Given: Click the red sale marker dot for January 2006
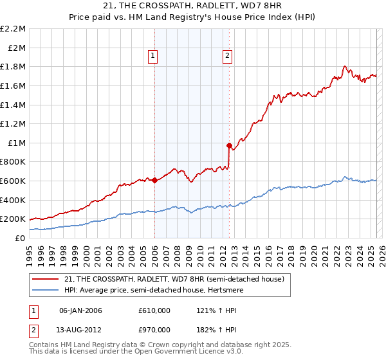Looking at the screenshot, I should click(x=154, y=180).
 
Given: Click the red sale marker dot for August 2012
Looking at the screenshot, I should click(x=229, y=146).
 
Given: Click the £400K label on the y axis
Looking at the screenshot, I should click(x=14, y=200).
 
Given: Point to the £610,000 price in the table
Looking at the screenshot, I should click(x=154, y=310).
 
